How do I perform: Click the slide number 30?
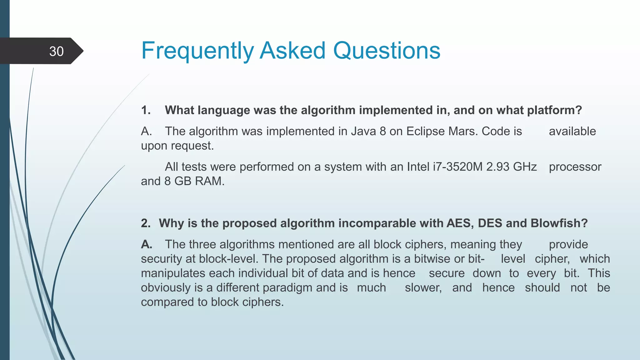click(56, 51)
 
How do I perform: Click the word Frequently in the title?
click(197, 51)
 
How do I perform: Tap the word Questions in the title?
click(387, 51)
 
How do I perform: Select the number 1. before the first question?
click(146, 110)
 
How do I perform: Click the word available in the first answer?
click(572, 131)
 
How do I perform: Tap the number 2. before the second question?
click(146, 223)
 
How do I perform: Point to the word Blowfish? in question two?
click(559, 223)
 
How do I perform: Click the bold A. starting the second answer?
click(147, 244)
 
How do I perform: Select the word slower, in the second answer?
click(423, 287)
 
